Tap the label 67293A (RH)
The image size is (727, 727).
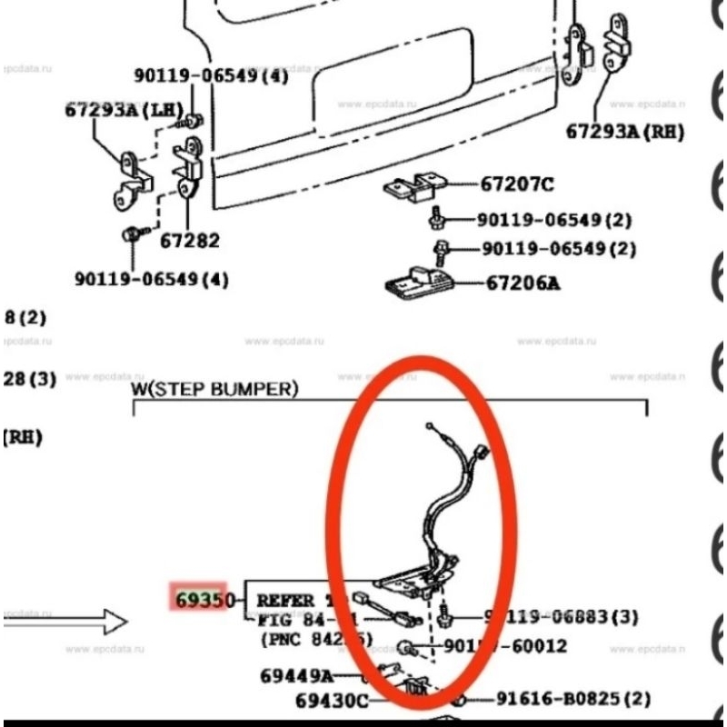tap(624, 132)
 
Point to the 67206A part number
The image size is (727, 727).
tap(523, 283)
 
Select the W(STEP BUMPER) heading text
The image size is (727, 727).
tap(214, 389)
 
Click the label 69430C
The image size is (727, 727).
tap(333, 701)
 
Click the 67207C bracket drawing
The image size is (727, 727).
tap(413, 187)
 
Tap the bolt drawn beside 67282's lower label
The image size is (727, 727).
tap(130, 235)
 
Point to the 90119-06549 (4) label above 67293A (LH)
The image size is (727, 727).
tap(211, 76)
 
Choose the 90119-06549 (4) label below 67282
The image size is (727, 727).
tap(152, 279)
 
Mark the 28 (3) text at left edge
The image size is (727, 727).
tap(30, 379)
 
